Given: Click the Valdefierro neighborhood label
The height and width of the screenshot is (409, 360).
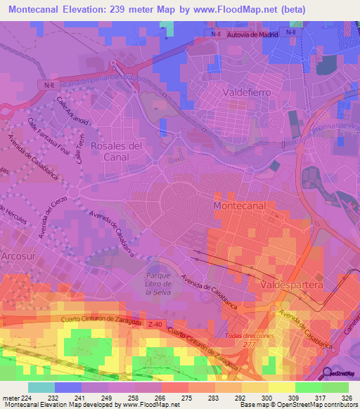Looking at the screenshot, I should pyautogui.click(x=244, y=92).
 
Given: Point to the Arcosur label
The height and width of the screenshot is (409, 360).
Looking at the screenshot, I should pyautogui.click(x=18, y=255).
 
